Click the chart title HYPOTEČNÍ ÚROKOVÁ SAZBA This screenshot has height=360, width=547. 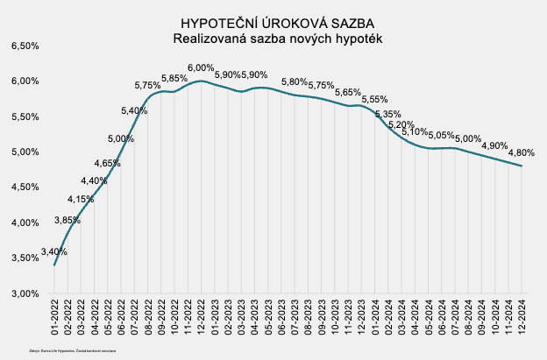pos(273,23)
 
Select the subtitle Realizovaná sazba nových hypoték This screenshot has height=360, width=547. pos(273,39)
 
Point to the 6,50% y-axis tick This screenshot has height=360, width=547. pos(25,46)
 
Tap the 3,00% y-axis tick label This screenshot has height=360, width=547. pos(25,293)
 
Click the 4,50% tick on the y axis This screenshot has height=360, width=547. pos(25,187)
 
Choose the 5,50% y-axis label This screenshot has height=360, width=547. pos(25,116)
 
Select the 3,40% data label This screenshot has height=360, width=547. pos(54,252)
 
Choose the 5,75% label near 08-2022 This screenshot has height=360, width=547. pos(147,85)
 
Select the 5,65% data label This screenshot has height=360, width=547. pos(348,92)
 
